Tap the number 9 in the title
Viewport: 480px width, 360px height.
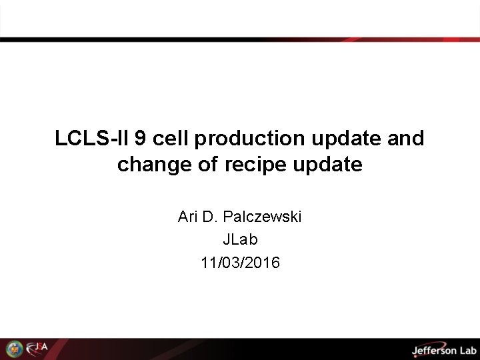coord(141,139)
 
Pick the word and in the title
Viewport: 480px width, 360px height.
coord(405,139)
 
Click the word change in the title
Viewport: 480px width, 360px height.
coord(152,165)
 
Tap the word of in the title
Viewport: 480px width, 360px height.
coord(207,165)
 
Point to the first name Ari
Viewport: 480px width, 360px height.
coord(187,217)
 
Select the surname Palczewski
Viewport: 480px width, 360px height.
coord(262,217)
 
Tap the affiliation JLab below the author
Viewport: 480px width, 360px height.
coord(240,239)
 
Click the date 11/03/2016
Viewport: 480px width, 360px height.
coord(240,263)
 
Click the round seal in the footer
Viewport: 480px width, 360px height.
coord(14,349)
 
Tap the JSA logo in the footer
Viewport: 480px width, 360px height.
coord(37,348)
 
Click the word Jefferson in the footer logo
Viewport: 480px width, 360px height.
coord(434,349)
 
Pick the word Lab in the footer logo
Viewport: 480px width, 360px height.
coord(467,349)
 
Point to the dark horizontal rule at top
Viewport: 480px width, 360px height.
coord(240,40)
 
